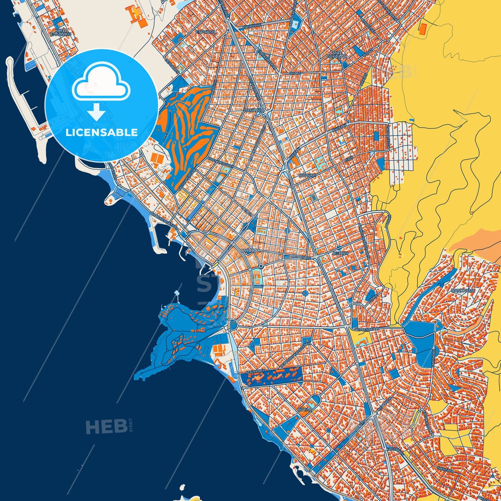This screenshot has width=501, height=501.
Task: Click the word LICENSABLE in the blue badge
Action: [x=102, y=132]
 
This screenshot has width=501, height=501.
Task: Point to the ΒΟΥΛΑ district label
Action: [x=305, y=409]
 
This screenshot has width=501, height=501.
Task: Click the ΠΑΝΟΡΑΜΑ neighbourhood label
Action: [x=463, y=291]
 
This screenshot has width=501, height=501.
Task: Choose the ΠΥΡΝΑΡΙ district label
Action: [x=308, y=176]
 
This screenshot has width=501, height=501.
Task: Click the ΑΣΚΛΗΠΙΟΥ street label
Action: [x=255, y=371]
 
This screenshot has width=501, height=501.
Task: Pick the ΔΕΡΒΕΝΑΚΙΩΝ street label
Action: [x=367, y=328]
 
